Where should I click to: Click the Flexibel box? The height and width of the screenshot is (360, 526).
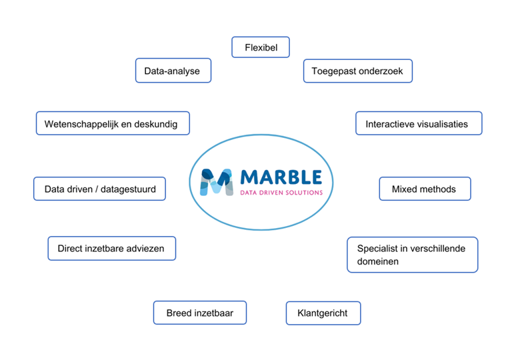coord(261,47)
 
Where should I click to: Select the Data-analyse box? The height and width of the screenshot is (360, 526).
coord(173,71)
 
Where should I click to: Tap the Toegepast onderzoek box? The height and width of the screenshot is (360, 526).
coord(358,71)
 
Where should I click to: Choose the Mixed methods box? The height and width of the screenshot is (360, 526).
coord(425,189)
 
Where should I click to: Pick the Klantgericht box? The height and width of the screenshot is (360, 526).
coord(323,313)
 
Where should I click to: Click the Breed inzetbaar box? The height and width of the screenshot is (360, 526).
coord(200,313)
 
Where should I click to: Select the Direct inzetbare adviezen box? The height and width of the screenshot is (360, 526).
coord(112,248)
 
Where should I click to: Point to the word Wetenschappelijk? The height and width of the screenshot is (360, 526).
coord(81,124)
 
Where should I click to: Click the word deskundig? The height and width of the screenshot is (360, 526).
coord(155,125)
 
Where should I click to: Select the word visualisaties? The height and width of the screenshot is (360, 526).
coord(441,124)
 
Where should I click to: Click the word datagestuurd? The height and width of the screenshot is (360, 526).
coord(128,189)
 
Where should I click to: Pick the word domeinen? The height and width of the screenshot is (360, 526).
coord(378,261)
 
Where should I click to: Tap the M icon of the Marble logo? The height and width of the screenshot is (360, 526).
coord(217,182)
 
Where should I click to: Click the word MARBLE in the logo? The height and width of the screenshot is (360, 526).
coord(281,177)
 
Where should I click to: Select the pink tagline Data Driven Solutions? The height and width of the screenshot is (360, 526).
coord(281,193)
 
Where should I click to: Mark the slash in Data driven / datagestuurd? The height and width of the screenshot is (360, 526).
coord(97,189)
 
